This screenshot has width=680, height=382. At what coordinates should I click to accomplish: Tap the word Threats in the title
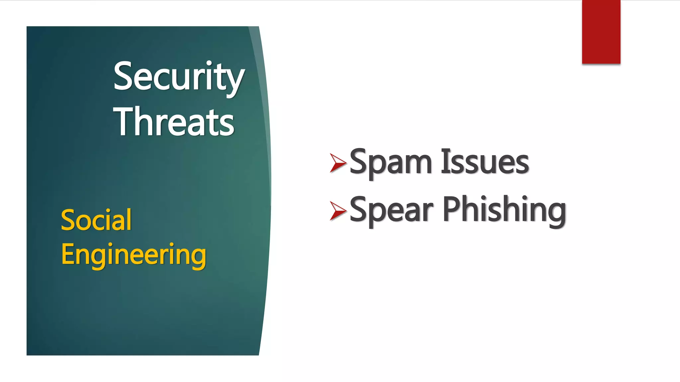click(174, 122)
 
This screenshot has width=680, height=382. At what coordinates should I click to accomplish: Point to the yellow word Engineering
click(133, 255)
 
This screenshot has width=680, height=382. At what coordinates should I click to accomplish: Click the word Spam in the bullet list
click(390, 162)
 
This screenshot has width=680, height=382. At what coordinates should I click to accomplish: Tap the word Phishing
click(504, 210)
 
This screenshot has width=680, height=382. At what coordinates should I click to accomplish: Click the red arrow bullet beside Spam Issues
click(338, 163)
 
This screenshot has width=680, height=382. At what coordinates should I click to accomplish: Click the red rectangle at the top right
click(601, 32)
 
